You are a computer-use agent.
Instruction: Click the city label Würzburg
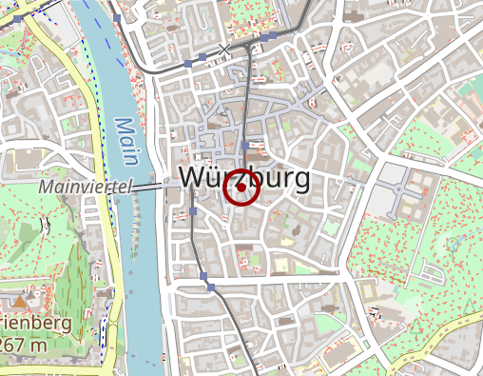243,177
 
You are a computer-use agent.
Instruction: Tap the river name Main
126,139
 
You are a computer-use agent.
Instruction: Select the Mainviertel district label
84,188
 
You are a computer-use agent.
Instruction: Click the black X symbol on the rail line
224,48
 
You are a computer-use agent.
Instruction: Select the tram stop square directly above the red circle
244,145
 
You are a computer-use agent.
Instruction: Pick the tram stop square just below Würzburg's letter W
193,211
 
